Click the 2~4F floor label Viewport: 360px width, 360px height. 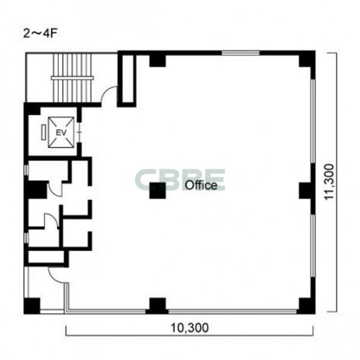pyautogui.click(x=40, y=34)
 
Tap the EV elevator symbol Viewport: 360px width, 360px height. pyautogui.click(x=61, y=132)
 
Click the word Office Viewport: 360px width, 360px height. pyautogui.click(x=201, y=185)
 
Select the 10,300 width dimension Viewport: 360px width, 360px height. pyautogui.click(x=190, y=328)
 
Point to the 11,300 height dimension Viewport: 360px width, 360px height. pyautogui.click(x=329, y=182)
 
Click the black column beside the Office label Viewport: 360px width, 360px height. pyautogui.click(x=157, y=191)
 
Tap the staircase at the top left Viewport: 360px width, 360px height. pyautogui.click(x=73, y=77)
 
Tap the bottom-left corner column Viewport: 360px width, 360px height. pyautogui.click(x=32, y=306)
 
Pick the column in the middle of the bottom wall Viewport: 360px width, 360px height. pyautogui.click(x=157, y=305)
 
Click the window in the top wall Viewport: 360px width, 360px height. pyautogui.click(x=240, y=53)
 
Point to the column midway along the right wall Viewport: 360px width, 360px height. pyautogui.click(x=307, y=191)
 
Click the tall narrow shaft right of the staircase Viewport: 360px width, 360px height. pyautogui.click(x=127, y=79)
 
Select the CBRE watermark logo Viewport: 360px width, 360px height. pyautogui.click(x=180, y=179)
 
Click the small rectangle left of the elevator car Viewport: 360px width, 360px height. pyautogui.click(x=44, y=132)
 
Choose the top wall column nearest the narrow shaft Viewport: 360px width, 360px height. pyautogui.click(x=157, y=61)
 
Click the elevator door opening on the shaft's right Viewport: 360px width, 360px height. pyautogui.click(x=79, y=132)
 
